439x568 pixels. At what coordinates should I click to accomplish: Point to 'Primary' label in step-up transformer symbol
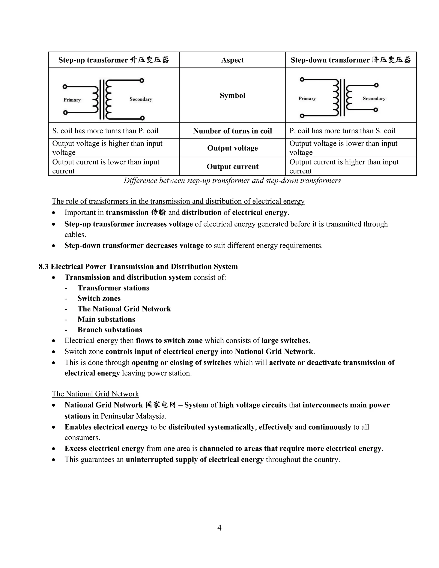(72, 100)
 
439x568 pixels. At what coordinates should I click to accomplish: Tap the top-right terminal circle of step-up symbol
(142, 81)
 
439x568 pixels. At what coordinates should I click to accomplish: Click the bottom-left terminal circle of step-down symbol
(302, 116)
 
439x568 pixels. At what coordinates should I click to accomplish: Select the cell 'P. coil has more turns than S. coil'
(342, 131)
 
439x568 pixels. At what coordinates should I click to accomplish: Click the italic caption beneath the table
(232, 180)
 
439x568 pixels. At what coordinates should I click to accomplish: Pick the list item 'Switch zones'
(99, 298)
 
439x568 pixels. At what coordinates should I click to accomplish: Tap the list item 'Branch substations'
(110, 330)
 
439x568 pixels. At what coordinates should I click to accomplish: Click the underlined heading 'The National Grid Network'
(95, 394)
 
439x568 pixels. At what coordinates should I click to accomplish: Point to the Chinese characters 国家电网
(161, 405)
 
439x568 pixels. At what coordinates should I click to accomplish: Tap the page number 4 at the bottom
(219, 528)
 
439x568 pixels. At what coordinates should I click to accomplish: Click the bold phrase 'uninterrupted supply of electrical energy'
(195, 459)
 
